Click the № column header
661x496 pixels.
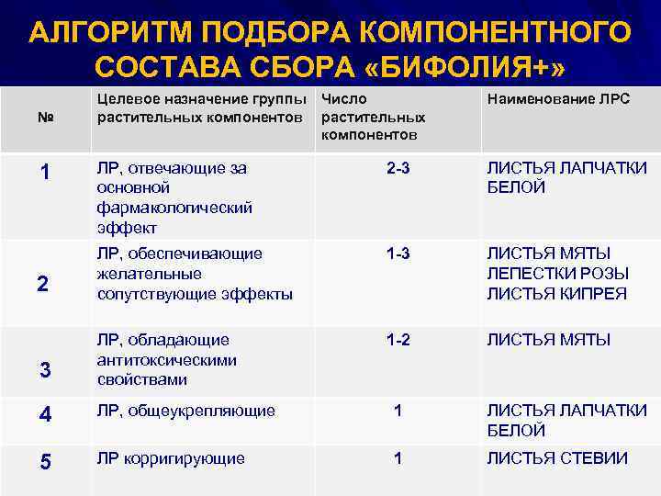point(44,118)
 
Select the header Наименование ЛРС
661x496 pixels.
point(557,98)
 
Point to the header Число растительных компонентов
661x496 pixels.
point(374,117)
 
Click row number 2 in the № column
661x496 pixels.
point(42,284)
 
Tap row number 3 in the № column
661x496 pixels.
point(44,369)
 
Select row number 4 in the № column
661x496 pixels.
point(44,415)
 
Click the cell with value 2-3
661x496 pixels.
point(398,168)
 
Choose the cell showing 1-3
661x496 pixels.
point(398,254)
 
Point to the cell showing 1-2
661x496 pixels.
point(398,340)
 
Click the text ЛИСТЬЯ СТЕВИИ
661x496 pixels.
point(557,458)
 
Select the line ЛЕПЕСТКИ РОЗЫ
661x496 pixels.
point(557,274)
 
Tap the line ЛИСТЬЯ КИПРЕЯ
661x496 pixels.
point(556,294)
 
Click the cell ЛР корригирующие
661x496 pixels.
point(171,458)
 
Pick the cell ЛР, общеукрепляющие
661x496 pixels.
point(185,411)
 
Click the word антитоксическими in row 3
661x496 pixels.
point(166,360)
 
